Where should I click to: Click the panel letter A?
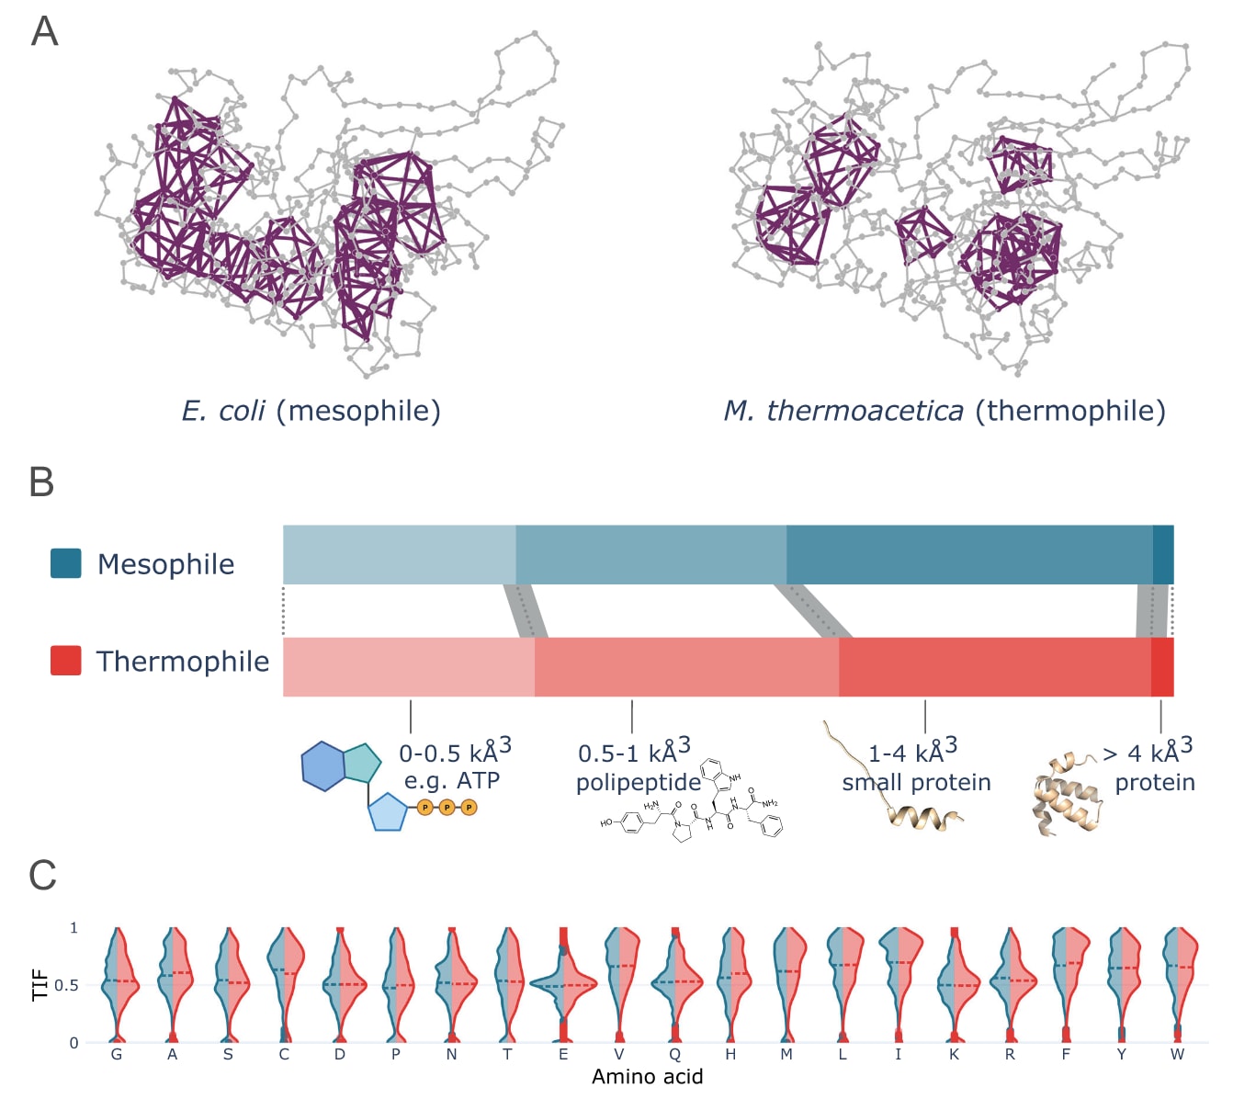pyautogui.click(x=44, y=31)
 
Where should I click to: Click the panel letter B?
pyautogui.click(x=41, y=482)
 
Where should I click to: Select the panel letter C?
pyautogui.click(x=42, y=876)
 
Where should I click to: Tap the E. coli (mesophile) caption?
pyautogui.click(x=311, y=410)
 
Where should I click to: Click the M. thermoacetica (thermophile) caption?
pyautogui.click(x=945, y=410)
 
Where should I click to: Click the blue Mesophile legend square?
pyautogui.click(x=65, y=563)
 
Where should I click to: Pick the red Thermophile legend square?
pyautogui.click(x=65, y=661)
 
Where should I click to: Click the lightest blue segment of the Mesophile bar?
pyautogui.click(x=399, y=554)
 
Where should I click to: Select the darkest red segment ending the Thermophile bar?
pyautogui.click(x=1162, y=666)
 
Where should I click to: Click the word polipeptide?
pyautogui.click(x=639, y=782)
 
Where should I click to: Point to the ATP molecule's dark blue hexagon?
pyautogui.click(x=322, y=765)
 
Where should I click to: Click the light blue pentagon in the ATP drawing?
pyautogui.click(x=388, y=811)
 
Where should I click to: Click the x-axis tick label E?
pyautogui.click(x=563, y=1054)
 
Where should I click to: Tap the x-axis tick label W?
pyautogui.click(x=1177, y=1054)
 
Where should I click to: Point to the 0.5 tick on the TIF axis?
pyautogui.click(x=66, y=985)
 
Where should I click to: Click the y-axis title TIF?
pyautogui.click(x=40, y=984)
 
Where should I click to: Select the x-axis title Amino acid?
pyautogui.click(x=647, y=1077)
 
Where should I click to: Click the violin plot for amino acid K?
pyautogui.click(x=955, y=984)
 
